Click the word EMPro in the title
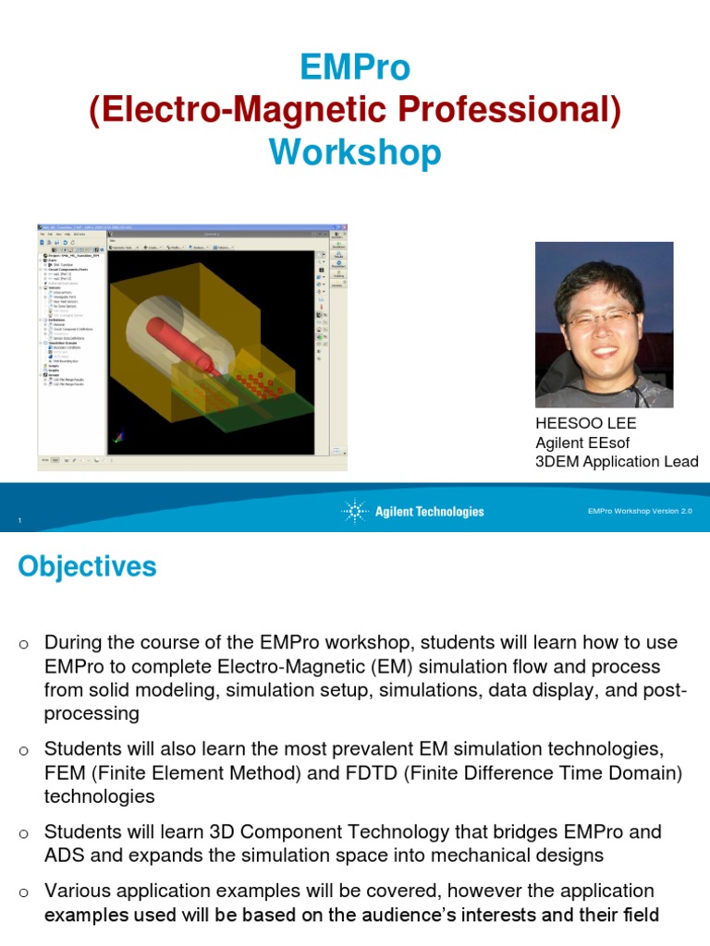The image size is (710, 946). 355,67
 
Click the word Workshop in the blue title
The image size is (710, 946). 355,152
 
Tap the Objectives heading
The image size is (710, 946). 87,566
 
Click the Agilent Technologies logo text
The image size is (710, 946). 429,512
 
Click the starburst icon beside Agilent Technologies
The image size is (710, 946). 354,511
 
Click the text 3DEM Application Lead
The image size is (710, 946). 617,462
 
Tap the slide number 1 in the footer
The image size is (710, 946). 19,524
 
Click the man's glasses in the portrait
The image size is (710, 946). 601,320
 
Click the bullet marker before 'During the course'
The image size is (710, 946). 23,644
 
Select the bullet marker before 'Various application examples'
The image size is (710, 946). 23,893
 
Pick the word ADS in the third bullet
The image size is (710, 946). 65,856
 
